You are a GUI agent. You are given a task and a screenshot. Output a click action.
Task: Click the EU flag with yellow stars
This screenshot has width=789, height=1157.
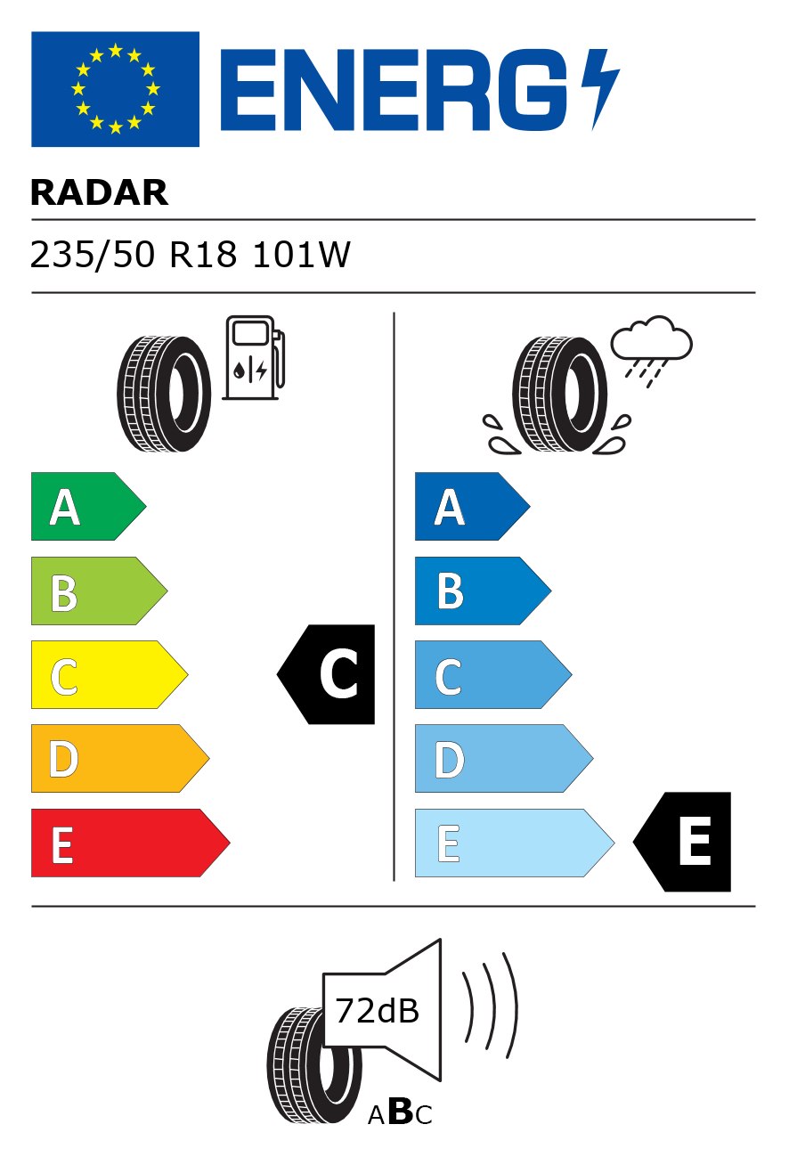coord(115,89)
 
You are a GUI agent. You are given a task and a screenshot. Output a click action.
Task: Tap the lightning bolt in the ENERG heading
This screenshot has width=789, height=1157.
coord(600,89)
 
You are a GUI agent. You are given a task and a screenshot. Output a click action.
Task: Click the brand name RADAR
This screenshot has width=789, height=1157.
coord(99,192)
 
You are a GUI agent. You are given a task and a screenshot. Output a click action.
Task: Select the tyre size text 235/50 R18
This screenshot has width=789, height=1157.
coord(134,255)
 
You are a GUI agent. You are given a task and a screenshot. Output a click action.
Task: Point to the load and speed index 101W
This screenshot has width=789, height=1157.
coord(302,255)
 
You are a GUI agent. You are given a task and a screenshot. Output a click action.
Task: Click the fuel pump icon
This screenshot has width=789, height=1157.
coord(254,357)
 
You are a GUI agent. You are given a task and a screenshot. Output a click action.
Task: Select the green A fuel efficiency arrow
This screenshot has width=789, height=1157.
coord(88,506)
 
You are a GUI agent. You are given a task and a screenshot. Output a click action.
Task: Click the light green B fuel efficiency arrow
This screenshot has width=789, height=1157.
coord(99,591)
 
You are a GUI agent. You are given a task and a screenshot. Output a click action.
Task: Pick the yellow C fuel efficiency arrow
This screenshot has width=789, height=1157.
coord(110,674)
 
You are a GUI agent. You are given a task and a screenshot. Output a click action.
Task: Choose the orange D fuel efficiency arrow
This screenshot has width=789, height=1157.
coord(120,758)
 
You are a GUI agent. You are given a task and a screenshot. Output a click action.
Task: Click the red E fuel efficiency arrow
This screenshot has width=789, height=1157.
coord(131,843)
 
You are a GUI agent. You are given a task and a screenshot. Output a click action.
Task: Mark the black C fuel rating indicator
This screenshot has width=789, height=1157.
coord(326,674)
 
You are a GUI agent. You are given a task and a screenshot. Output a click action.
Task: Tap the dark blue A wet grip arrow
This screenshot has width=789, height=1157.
coord(473,506)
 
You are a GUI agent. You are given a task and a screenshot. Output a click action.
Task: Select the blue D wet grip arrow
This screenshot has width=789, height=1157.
coord(504,758)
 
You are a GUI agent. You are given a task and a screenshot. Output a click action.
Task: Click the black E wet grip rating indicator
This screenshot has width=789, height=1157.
coord(682,843)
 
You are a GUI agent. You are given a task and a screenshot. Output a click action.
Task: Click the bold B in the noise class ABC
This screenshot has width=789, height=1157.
coord(400,1111)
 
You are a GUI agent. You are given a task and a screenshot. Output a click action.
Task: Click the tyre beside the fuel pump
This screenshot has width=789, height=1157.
coord(164,394)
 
